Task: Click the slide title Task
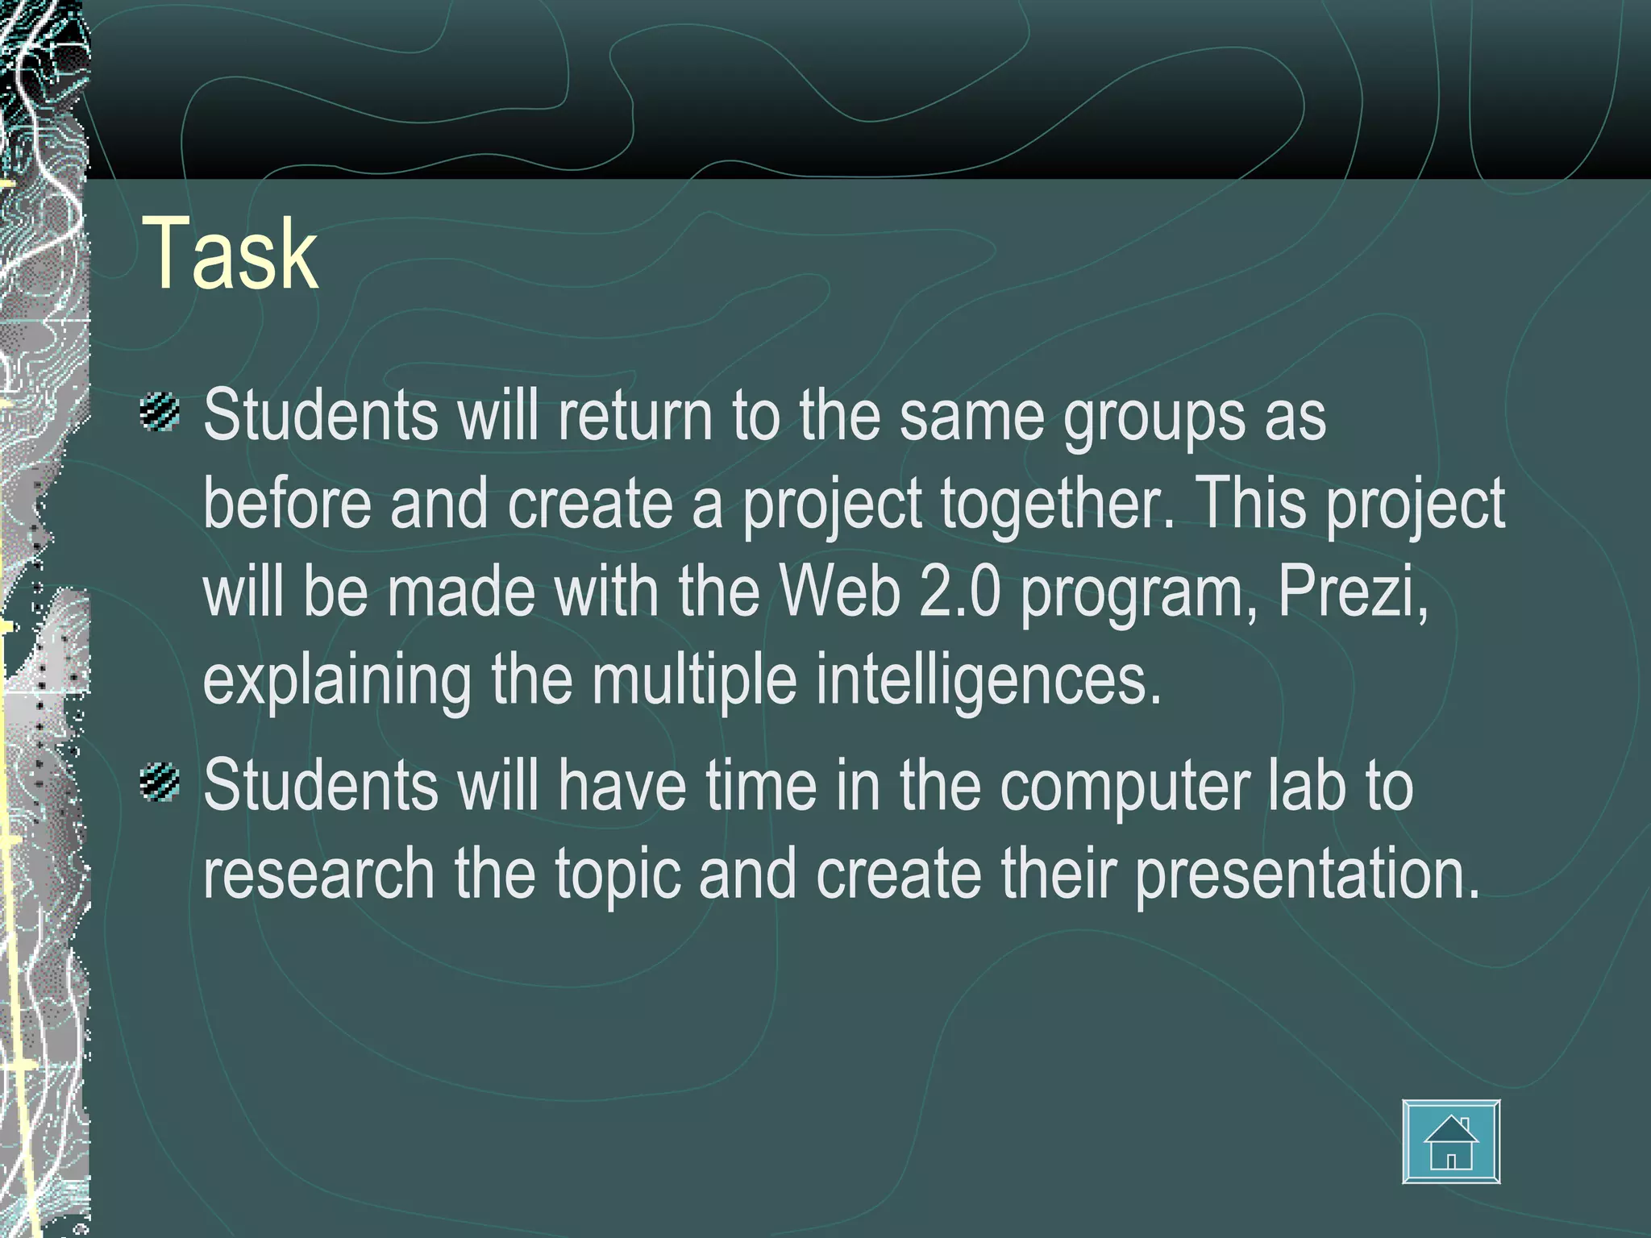231,255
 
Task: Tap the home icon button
1451,1141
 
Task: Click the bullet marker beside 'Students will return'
159,413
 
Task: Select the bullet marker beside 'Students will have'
159,783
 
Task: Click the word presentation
1308,875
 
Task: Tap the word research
318,874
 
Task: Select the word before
286,503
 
